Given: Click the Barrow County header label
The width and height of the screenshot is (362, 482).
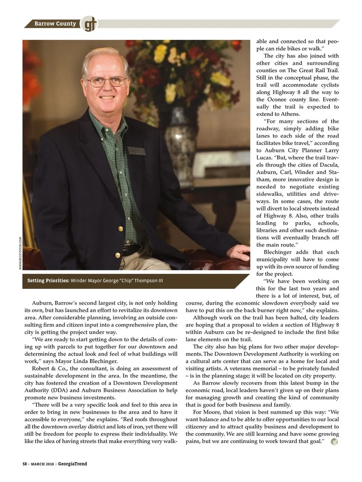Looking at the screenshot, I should coord(55,24).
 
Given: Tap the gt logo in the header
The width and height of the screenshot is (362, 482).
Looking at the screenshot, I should coord(89,24).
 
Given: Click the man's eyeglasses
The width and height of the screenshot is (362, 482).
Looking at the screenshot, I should coord(106,81).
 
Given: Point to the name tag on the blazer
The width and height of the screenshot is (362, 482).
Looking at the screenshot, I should coord(137,151).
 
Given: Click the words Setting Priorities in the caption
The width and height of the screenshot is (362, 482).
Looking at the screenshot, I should coord(48,281).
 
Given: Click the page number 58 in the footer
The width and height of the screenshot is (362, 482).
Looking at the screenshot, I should coord(25,464).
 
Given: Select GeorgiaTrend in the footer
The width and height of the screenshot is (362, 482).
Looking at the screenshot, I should coord(72,464).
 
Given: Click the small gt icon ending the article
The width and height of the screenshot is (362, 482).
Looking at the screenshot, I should coord(334,442).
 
